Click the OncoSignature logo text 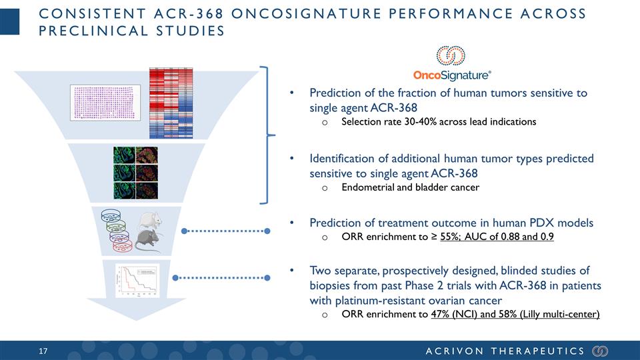[453, 74]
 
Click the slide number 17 [44, 351]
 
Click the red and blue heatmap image [170, 103]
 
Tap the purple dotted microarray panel [105, 103]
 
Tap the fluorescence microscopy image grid [135, 173]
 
